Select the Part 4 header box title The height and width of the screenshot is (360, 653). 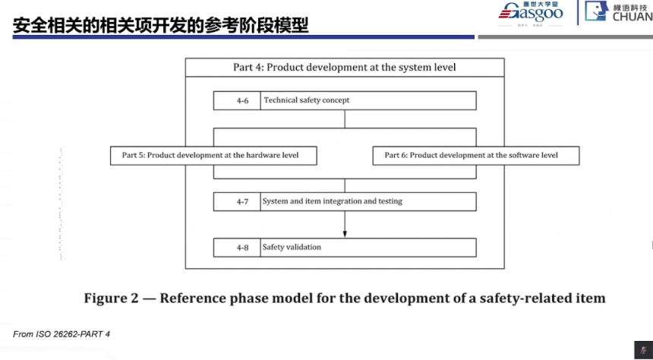coord(345,68)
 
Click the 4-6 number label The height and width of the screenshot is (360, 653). coord(241,100)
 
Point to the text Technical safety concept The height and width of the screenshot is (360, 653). coord(307,100)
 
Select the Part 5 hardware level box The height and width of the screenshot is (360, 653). coord(213,155)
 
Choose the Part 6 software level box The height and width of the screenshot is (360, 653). coord(475,155)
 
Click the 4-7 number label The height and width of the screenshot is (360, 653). coord(241,201)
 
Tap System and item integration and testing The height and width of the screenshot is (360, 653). coord(333,201)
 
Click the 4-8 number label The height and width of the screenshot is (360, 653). coord(241,248)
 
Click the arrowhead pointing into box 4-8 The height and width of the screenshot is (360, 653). coord(345,233)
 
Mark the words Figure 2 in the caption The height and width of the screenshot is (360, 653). coord(109,298)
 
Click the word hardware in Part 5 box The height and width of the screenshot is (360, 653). coord(252,155)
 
